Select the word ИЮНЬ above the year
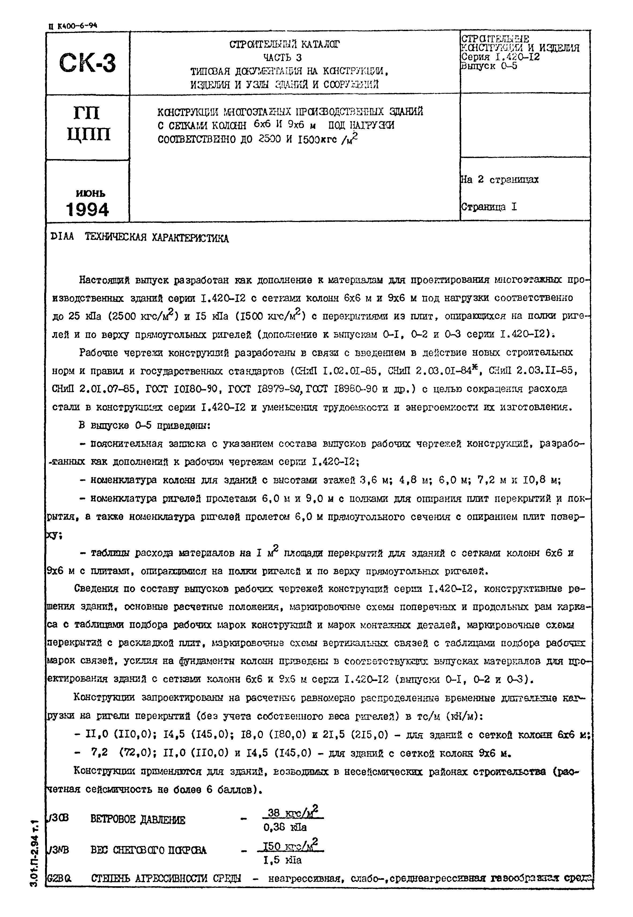90,193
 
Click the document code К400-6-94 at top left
73,26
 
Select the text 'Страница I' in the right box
489,207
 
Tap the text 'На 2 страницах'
500,179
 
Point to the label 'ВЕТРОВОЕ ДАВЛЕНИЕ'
138,820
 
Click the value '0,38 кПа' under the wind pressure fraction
285,828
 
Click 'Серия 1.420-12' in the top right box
501,57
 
